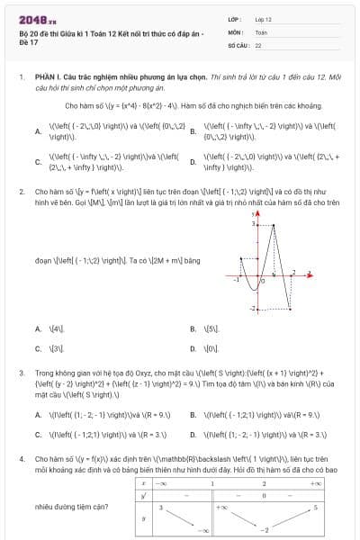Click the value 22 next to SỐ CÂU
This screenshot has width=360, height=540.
click(258, 44)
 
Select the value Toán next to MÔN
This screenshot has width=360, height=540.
click(261, 31)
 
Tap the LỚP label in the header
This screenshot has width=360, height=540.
click(236, 19)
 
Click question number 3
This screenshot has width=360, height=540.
click(21, 372)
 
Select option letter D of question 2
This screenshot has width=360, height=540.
click(193, 347)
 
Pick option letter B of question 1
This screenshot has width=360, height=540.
click(193, 131)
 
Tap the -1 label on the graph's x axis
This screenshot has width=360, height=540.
click(236, 281)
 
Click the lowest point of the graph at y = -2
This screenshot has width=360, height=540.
click(288, 308)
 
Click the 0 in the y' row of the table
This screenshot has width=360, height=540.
click(263, 496)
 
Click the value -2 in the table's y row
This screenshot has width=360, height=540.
click(266, 532)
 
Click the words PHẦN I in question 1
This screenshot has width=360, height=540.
click(46, 78)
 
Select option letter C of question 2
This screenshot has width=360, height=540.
click(38, 347)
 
